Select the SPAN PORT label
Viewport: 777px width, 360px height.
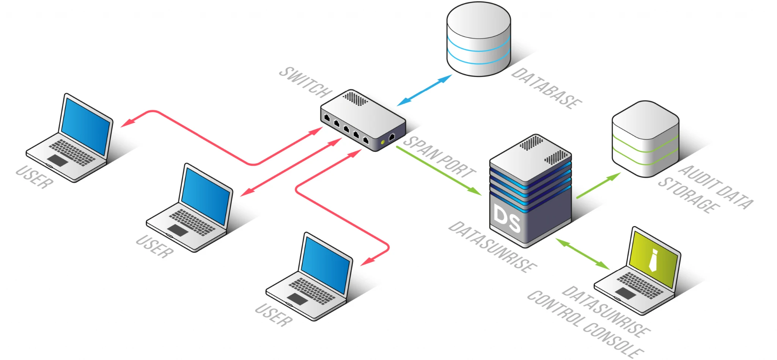(439, 157)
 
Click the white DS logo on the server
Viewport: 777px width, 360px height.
(507, 218)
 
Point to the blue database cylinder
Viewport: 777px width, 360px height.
(478, 40)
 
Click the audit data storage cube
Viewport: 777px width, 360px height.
(645, 138)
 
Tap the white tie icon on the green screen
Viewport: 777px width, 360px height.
(653, 260)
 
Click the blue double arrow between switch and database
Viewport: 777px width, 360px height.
(425, 90)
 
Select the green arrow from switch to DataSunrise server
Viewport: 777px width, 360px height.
(439, 171)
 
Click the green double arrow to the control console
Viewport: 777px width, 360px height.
(582, 254)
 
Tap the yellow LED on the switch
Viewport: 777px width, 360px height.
(383, 142)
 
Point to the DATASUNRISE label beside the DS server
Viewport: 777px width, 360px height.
(492, 247)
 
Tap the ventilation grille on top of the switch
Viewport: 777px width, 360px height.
(355, 99)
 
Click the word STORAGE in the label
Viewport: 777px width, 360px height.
(689, 195)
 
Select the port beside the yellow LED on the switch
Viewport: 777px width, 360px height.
(392, 137)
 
